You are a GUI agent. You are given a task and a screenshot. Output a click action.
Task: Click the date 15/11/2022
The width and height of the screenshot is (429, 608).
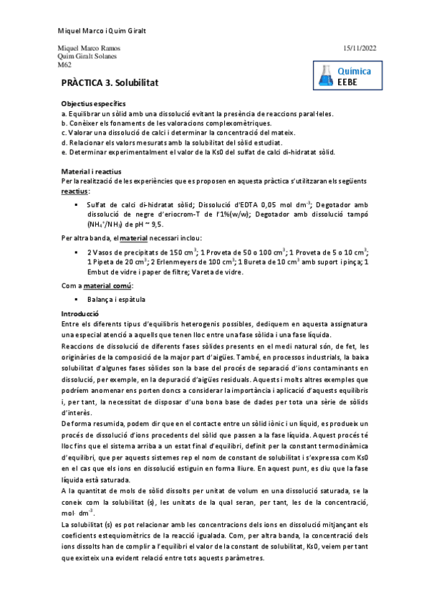360,48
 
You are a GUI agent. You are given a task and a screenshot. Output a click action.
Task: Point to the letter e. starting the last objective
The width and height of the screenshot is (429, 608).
64,152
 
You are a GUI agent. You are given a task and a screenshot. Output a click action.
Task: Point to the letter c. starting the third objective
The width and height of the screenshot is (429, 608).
64,133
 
